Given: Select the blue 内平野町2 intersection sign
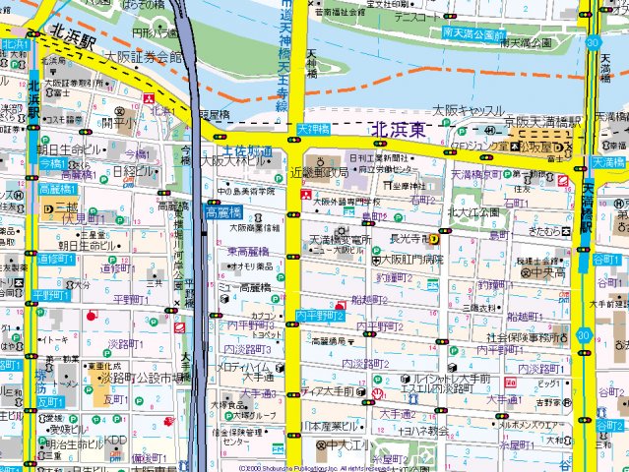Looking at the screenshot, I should [320, 315].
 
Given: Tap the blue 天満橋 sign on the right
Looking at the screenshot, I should [608, 161].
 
